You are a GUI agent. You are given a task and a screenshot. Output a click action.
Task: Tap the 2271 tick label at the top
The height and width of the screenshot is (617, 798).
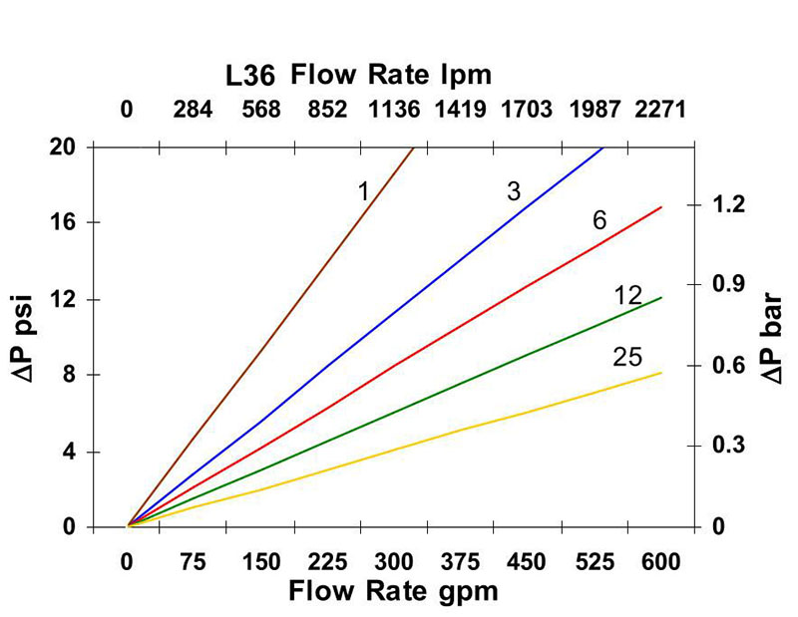pos(660,110)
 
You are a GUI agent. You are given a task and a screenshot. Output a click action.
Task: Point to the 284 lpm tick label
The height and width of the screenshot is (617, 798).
pos(193,110)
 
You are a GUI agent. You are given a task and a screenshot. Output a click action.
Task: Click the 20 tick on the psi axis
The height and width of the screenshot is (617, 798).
pos(78,147)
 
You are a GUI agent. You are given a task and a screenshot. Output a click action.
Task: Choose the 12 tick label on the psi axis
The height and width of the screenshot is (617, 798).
pos(78,299)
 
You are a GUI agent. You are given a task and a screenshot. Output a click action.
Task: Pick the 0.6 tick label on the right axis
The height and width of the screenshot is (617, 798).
pos(727,365)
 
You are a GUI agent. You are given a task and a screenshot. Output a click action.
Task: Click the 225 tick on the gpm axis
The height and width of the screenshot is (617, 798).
pos(326,561)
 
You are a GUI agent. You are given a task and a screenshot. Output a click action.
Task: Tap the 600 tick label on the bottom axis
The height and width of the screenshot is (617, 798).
pos(660,561)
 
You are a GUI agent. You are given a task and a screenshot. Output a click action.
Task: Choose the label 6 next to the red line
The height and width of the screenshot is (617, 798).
pos(599,219)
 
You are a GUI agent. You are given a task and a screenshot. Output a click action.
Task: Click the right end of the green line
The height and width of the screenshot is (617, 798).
pos(660,297)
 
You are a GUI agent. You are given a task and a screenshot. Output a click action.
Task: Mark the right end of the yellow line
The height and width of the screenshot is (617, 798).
pos(660,373)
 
